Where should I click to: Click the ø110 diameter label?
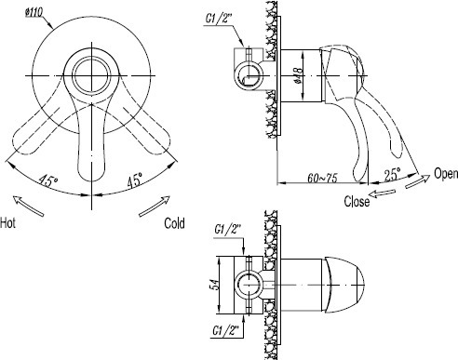34,13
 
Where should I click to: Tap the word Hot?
7,223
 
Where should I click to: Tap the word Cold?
174,223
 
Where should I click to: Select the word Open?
446,174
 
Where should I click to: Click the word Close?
357,201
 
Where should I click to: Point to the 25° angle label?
393,175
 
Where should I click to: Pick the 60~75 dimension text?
322,178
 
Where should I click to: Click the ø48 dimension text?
298,75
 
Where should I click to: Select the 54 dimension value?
214,285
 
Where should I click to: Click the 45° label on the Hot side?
48,180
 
